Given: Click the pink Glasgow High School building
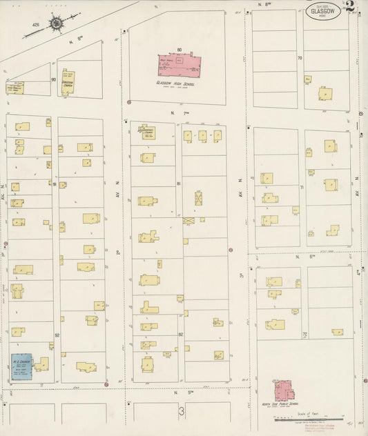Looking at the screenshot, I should [177, 66].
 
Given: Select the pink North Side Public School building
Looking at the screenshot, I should [284, 390].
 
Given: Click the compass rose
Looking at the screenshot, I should [55, 23].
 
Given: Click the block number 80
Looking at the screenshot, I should [179, 50].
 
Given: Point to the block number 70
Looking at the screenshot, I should [300, 58].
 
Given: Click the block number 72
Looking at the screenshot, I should [304, 333].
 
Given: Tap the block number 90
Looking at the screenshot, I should [53, 79].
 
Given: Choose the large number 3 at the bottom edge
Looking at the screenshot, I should [182, 412].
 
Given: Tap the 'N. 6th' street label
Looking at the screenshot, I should [301, 256].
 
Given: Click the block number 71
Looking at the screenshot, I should [301, 187].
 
